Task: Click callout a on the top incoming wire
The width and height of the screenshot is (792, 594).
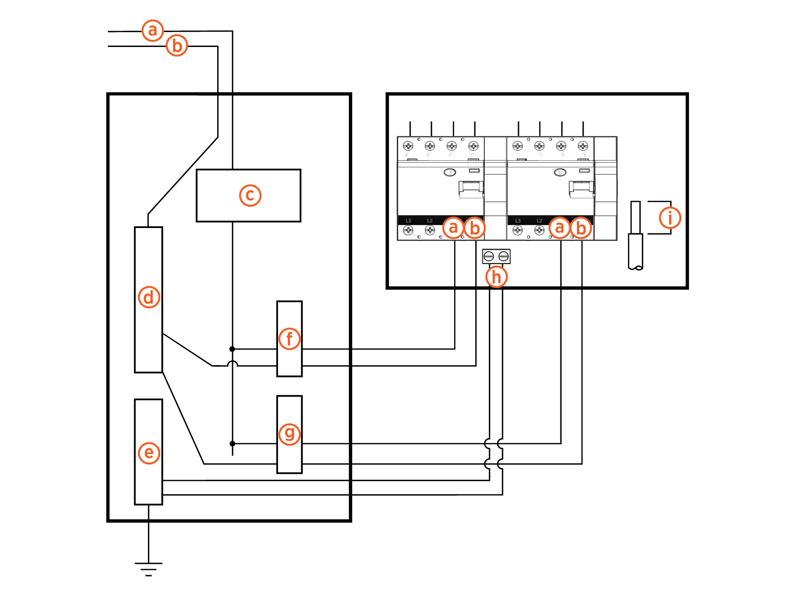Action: pyautogui.click(x=152, y=31)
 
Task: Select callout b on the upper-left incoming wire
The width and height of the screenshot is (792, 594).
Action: pyautogui.click(x=177, y=46)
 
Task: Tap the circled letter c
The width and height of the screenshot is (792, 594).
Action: pyautogui.click(x=250, y=195)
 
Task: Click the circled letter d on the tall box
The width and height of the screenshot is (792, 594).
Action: pyautogui.click(x=148, y=297)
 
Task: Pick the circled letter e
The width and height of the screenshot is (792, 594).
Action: pyautogui.click(x=148, y=453)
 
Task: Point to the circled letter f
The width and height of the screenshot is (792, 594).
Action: pyautogui.click(x=289, y=339)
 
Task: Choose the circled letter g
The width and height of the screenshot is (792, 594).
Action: pyautogui.click(x=289, y=434)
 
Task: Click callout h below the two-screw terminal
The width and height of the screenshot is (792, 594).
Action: pyautogui.click(x=496, y=276)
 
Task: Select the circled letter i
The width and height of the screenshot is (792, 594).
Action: pyautogui.click(x=670, y=218)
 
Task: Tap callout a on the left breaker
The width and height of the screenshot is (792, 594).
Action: pyautogui.click(x=453, y=228)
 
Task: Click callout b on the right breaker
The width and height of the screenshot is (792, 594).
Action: pyautogui.click(x=581, y=228)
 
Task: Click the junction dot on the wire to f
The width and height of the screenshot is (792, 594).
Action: pyautogui.click(x=232, y=349)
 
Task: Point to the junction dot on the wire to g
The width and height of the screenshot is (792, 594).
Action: pyautogui.click(x=232, y=444)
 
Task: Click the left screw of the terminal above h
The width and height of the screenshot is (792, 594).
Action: pyautogui.click(x=489, y=256)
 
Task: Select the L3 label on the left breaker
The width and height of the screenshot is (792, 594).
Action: pyautogui.click(x=409, y=221)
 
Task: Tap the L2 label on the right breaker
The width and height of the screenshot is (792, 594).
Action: pyautogui.click(x=539, y=221)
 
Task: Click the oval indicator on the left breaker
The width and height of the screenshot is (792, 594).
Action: pyautogui.click(x=450, y=172)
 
